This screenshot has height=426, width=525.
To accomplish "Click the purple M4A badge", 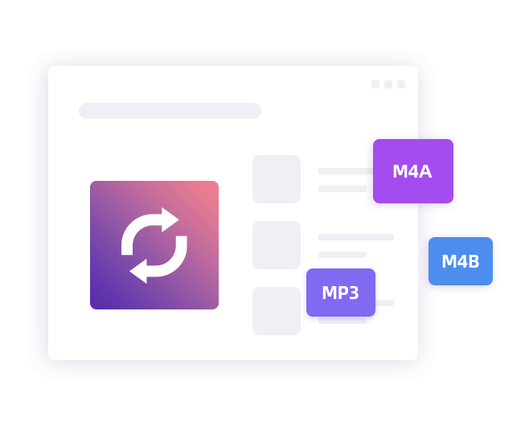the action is pyautogui.click(x=413, y=171).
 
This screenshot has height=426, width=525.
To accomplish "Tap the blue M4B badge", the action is pyautogui.click(x=461, y=261).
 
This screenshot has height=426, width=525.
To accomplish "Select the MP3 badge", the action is pyautogui.click(x=341, y=292).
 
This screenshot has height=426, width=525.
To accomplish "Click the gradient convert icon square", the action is pyautogui.click(x=154, y=245).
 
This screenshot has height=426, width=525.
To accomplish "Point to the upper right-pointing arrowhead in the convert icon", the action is pyautogui.click(x=170, y=219).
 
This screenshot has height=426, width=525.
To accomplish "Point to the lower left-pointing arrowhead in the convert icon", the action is pyautogui.click(x=138, y=271).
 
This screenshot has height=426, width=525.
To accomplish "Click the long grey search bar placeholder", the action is pyautogui.click(x=170, y=111).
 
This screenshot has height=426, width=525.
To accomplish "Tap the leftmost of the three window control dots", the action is pyautogui.click(x=375, y=84).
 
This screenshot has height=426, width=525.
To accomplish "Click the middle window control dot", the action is pyautogui.click(x=388, y=84).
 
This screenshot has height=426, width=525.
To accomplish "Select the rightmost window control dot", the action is pyautogui.click(x=401, y=84).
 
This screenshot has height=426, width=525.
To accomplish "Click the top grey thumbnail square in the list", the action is pyautogui.click(x=277, y=179).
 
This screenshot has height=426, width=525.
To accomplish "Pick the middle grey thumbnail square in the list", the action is pyautogui.click(x=277, y=245).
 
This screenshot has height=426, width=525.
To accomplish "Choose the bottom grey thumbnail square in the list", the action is pyautogui.click(x=277, y=311).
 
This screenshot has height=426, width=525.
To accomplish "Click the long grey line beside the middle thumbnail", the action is pyautogui.click(x=356, y=237).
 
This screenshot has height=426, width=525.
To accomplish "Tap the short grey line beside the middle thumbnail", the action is pyautogui.click(x=342, y=255).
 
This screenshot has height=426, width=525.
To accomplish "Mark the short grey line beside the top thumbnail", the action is pyautogui.click(x=342, y=189).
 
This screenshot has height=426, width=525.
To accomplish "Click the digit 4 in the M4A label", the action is pyautogui.click(x=412, y=171).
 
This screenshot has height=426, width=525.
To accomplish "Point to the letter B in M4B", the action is pyautogui.click(x=474, y=261).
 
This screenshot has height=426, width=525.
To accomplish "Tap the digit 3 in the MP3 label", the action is pyautogui.click(x=353, y=293).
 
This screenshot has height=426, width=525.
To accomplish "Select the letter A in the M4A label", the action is pyautogui.click(x=425, y=171).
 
